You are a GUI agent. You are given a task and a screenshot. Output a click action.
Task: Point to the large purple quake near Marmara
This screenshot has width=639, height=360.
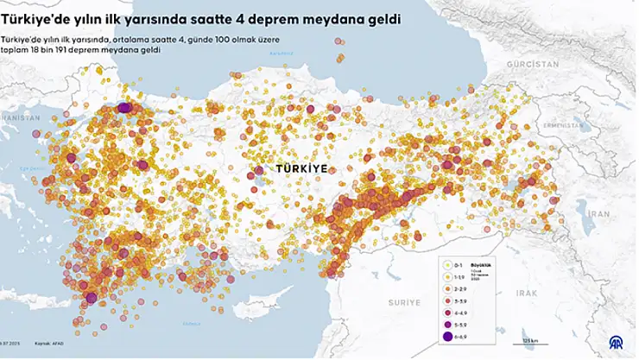124,107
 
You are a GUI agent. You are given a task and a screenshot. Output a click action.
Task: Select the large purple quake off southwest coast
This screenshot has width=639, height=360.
91,299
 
